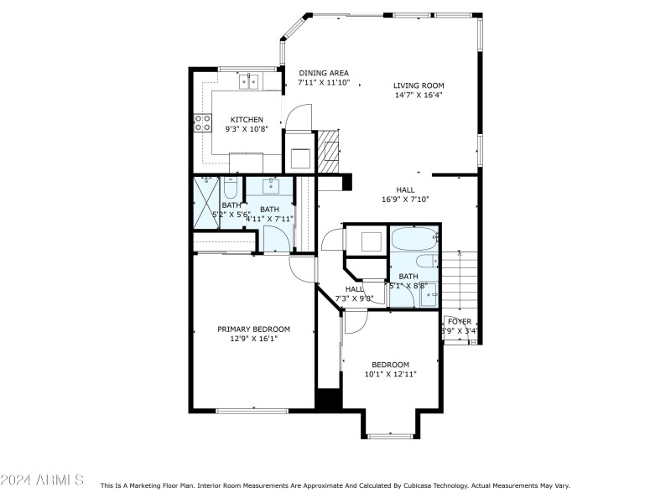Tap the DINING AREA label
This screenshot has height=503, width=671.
tap(324, 73)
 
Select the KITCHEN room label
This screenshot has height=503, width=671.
tap(247, 120)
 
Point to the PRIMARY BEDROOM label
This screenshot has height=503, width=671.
tap(253, 329)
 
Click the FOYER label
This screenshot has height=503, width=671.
tap(460, 321)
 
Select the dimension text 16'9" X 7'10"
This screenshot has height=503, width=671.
tap(405, 200)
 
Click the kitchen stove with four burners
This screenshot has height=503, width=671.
tap(202, 124)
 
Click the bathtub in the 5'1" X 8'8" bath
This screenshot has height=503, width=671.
tap(413, 239)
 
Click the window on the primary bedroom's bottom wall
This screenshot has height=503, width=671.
tap(252, 410)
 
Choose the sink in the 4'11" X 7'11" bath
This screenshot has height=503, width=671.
tap(270, 185)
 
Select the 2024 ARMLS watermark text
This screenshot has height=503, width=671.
tap(42, 480)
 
